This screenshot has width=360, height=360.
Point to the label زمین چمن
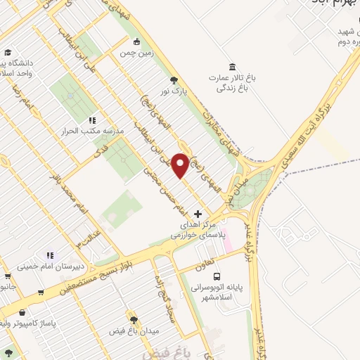(x=136, y=53)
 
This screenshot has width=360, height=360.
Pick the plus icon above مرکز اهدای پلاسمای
(x=198, y=213)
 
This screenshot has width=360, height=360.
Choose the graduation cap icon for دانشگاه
(x=7, y=53)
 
